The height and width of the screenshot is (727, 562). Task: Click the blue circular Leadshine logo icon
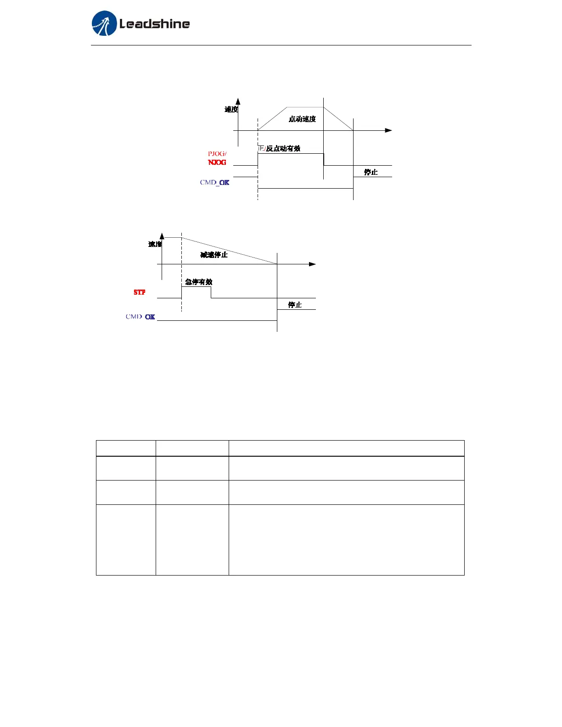[x=104, y=23]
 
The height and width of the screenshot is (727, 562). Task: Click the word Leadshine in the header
[x=154, y=24]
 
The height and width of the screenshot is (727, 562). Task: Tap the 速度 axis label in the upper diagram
[x=231, y=109]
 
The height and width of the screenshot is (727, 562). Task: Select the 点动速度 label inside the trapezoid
[x=302, y=119]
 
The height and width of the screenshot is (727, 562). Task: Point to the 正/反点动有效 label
[x=279, y=148]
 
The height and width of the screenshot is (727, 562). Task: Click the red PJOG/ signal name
[x=217, y=154]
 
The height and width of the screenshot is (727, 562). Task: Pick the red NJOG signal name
[x=217, y=162]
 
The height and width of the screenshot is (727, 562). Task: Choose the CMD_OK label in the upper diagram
[x=214, y=183]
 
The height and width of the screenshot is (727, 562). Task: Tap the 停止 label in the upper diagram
[x=371, y=172]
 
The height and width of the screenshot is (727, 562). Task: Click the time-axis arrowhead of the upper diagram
[x=388, y=130]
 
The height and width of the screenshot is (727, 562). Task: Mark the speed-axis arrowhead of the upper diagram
[x=238, y=101]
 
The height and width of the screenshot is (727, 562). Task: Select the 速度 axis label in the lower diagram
[x=155, y=244]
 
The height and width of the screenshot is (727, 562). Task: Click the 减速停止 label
[x=214, y=255]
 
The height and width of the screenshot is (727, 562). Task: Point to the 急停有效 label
[x=199, y=282]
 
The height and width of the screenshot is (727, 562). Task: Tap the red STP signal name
[x=140, y=292]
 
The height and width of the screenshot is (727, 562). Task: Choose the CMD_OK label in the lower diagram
[x=140, y=317]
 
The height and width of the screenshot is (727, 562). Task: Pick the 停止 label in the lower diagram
[x=295, y=305]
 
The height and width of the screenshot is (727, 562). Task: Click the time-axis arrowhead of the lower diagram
[x=312, y=264]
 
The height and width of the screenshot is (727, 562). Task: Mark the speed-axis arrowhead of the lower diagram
[x=162, y=235]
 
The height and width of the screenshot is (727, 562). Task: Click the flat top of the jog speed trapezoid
[x=305, y=107]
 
